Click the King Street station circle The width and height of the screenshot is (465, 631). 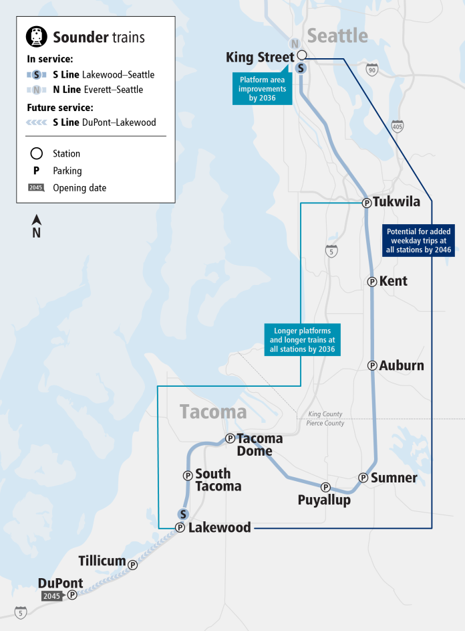tap(302, 55)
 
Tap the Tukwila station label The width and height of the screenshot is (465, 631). tap(397, 201)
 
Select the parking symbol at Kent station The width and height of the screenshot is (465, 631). tap(372, 282)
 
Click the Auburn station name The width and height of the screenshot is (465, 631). tap(402, 365)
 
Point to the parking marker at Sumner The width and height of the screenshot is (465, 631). tap(363, 478)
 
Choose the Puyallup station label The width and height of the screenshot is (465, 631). tap(324, 500)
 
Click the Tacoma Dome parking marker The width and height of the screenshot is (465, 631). tap(230, 438)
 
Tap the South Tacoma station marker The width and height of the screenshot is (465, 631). tap(188, 475)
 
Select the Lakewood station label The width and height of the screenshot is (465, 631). tap(220, 527)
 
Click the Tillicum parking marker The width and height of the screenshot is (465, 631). tap(133, 565)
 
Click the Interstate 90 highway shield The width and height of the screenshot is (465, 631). tap(372, 69)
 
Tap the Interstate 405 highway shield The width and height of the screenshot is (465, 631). tap(398, 126)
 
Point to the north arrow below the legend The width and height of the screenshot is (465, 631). tap(37, 226)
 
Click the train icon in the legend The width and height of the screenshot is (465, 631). tap(37, 37)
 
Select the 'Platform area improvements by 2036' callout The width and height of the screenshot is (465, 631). tap(263, 89)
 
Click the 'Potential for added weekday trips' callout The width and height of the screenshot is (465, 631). tap(418, 240)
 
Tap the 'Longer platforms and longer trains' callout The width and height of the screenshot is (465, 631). tap(303, 340)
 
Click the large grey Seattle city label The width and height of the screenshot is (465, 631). tap(337, 35)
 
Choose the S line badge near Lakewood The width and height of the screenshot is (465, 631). tap(182, 514)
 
